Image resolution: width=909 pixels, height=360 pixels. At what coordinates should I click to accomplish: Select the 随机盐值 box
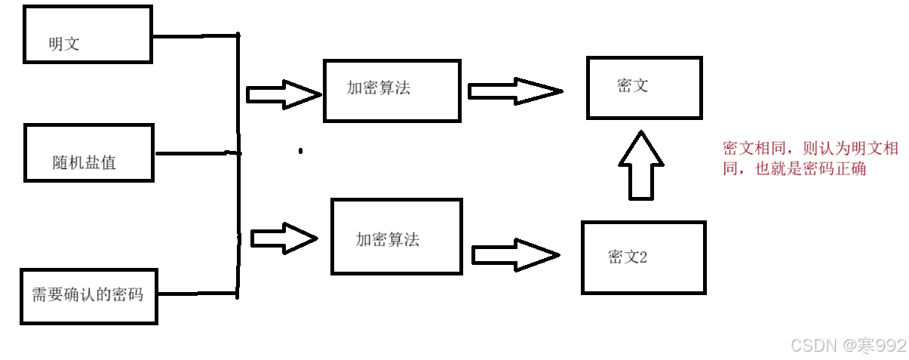pyautogui.click(x=88, y=153)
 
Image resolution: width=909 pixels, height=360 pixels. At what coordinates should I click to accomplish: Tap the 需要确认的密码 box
pyautogui.click(x=88, y=296)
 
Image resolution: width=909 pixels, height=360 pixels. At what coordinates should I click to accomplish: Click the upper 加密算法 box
pyautogui.click(x=392, y=90)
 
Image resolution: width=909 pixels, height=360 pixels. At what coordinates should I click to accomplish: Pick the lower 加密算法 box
pyautogui.click(x=396, y=236)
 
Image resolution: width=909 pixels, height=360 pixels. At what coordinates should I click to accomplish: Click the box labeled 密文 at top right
pyautogui.click(x=644, y=87)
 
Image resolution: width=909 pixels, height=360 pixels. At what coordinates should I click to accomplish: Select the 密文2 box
pyautogui.click(x=643, y=257)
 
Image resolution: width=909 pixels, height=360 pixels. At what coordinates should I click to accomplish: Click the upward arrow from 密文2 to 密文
pyautogui.click(x=640, y=167)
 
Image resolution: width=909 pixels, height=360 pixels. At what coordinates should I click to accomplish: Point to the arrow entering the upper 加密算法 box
pyautogui.click(x=283, y=94)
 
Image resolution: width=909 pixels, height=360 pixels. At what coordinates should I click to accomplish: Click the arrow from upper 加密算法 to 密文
pyautogui.click(x=514, y=91)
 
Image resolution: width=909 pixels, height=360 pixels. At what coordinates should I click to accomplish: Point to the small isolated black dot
pyautogui.click(x=300, y=151)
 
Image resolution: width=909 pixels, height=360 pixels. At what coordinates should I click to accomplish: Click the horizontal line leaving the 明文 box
pyautogui.click(x=195, y=35)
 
